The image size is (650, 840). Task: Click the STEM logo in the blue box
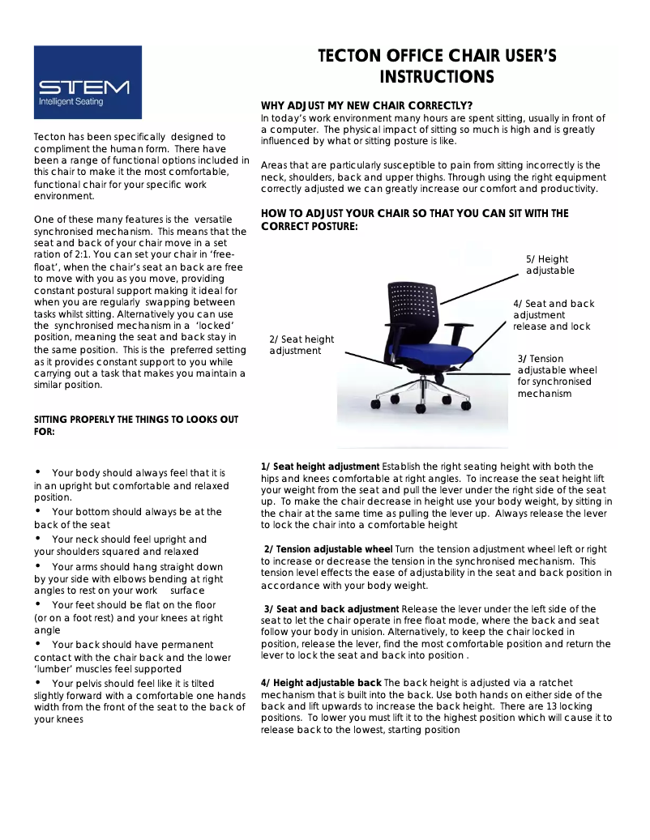(x=83, y=86)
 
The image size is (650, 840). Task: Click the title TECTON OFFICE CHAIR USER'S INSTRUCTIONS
(x=437, y=66)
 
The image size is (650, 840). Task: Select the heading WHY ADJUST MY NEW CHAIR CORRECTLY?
(x=366, y=106)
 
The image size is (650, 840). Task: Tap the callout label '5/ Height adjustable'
(x=550, y=265)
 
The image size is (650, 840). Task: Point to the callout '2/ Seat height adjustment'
(x=301, y=345)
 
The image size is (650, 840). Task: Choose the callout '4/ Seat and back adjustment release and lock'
(x=554, y=315)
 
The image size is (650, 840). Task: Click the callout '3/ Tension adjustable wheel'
(x=557, y=376)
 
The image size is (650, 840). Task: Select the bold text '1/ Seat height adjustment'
(x=320, y=467)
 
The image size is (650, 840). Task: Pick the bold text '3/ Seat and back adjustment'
(x=331, y=609)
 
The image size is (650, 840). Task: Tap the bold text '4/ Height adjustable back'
(x=321, y=684)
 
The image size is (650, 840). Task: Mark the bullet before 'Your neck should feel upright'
(x=38, y=538)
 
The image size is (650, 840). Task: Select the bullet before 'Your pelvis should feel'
(x=38, y=683)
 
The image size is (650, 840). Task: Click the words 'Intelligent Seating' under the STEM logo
(x=71, y=102)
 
